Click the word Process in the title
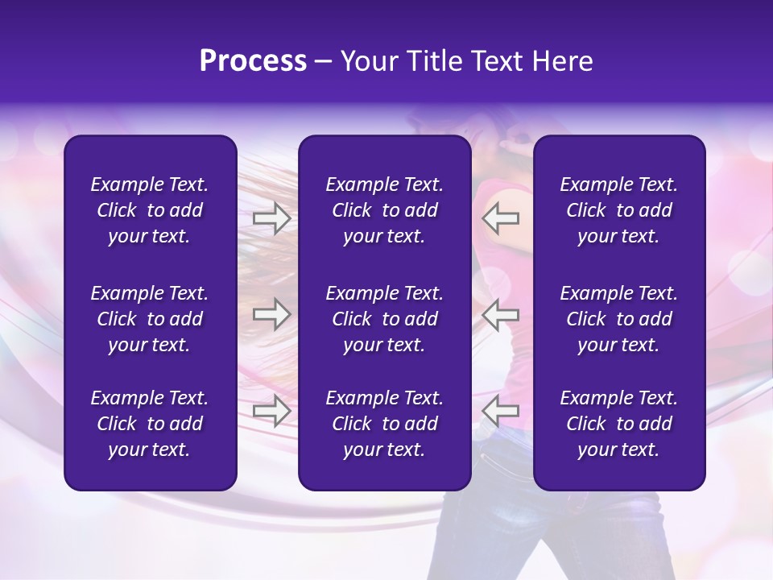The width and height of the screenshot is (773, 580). point(253,61)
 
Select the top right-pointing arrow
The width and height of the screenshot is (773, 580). point(271,217)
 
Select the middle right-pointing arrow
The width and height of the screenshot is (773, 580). point(271,314)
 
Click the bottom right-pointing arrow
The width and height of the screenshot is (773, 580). point(271,411)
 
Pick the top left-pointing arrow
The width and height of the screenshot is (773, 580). point(501,217)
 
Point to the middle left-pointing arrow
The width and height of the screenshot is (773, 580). point(501,314)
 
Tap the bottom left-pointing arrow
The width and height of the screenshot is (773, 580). point(501,411)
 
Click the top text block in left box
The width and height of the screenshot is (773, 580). point(150,210)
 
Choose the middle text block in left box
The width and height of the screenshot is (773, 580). point(150,319)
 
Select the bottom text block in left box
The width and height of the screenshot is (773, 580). point(150,424)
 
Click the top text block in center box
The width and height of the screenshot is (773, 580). point(384,210)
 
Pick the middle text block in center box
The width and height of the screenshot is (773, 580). point(384,319)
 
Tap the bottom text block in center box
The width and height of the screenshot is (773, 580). point(384,424)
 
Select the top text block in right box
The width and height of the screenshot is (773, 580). point(618,210)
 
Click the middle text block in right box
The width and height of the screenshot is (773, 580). point(618,319)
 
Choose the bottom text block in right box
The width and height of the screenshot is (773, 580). point(618,424)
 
